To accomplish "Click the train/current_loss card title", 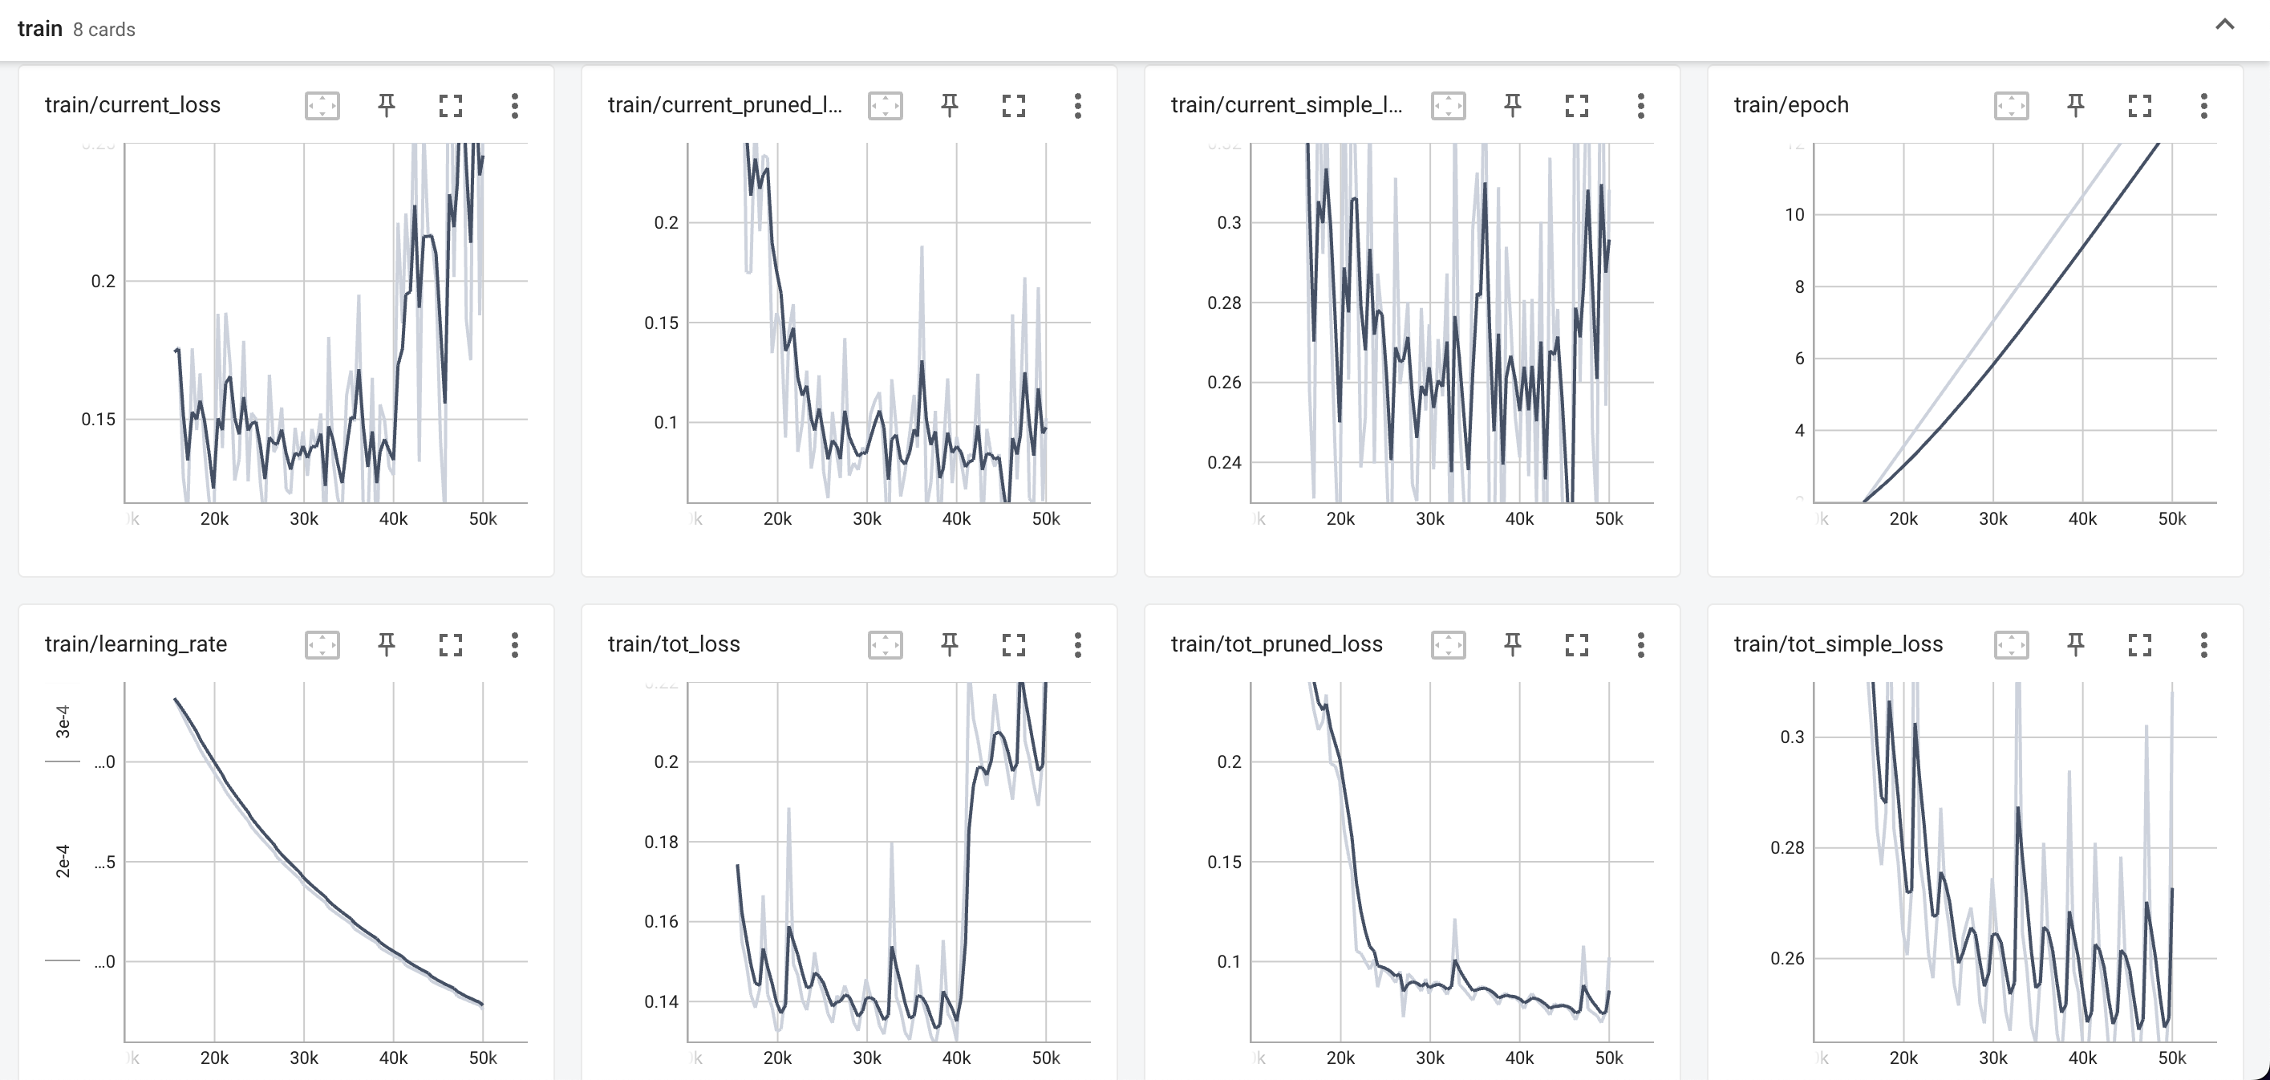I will (132, 105).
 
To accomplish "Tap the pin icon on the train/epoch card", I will (2075, 106).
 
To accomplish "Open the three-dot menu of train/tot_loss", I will (1076, 644).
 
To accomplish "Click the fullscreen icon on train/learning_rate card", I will (450, 644).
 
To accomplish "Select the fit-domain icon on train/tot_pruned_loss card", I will (1448, 644).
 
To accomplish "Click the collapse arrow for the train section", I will (2224, 25).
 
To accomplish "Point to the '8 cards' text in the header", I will (104, 29).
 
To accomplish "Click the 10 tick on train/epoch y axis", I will (1794, 214).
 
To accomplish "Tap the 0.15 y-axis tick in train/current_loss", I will (98, 419).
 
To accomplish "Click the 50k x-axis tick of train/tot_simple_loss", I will (2171, 1057).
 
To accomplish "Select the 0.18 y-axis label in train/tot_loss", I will (661, 841).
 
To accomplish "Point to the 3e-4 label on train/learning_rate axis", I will (63, 721).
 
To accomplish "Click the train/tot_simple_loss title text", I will (1838, 644).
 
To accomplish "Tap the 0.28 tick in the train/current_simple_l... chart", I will (1224, 302).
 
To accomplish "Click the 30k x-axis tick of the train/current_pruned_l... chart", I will (866, 518).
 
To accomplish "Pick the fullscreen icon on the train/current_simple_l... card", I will (1576, 106).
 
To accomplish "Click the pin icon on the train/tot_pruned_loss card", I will (1512, 644).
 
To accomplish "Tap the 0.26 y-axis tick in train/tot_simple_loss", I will (1787, 957).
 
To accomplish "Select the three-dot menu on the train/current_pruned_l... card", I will (1076, 106).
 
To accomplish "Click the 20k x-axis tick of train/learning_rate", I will (214, 1057).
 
